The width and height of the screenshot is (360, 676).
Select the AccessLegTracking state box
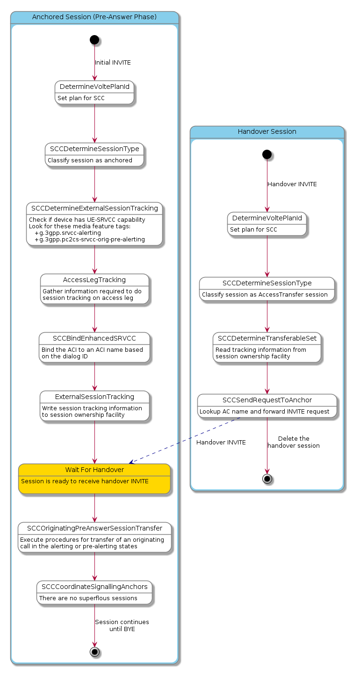coord(94,289)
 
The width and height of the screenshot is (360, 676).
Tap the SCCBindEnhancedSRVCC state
coord(94,348)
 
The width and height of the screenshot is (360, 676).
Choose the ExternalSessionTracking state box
coord(94,406)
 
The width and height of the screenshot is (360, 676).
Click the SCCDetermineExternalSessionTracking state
coord(94,224)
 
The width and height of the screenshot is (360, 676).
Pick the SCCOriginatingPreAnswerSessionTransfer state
coord(94,538)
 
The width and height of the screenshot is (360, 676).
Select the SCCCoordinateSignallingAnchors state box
coord(94,593)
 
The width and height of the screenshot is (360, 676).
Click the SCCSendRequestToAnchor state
coord(267,406)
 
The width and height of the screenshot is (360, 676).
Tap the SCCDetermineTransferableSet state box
coord(267,347)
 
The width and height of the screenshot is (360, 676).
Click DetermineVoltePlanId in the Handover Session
coord(267,224)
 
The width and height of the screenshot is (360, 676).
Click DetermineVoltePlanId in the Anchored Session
coord(94,92)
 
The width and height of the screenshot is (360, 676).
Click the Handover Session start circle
coord(267,153)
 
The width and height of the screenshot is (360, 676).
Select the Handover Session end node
coord(267,479)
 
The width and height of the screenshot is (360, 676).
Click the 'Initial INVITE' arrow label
coord(113,63)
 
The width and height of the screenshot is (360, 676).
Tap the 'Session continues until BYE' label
coord(122,625)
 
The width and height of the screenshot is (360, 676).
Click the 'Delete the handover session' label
coord(294,442)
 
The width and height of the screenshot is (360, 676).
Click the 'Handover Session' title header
coord(267,131)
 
